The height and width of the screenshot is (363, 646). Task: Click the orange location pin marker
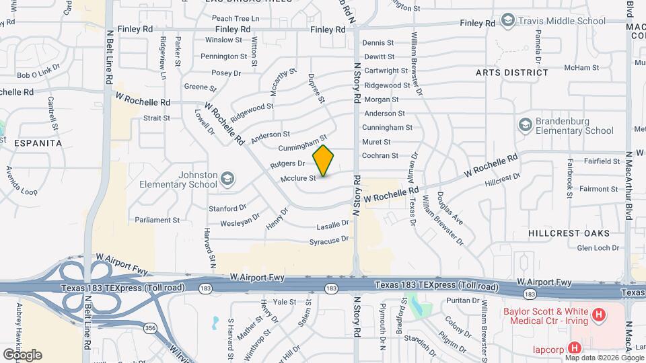pos(323,161)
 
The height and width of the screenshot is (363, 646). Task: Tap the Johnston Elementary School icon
pos(228,178)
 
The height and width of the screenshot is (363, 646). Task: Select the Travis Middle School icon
pos(507,21)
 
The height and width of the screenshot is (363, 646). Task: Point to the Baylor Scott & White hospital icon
pos(597,315)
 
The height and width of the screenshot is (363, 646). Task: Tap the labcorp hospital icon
pos(574,348)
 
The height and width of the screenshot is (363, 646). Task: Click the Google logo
pos(22,355)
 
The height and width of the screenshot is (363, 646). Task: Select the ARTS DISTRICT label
pos(511,72)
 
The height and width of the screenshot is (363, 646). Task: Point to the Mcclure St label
pos(298,178)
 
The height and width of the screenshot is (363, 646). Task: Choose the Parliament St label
pos(157,220)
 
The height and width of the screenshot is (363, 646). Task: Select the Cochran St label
pos(380,156)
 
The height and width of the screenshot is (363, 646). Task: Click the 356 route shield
pos(149,327)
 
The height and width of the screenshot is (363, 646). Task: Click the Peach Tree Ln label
pos(236,19)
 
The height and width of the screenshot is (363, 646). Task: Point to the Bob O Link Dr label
pos(38,75)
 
